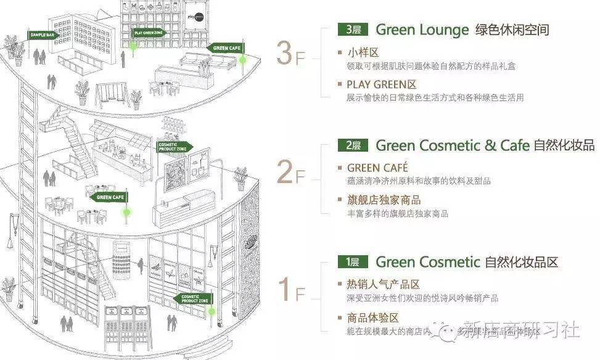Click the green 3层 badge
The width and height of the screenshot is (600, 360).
(353, 29)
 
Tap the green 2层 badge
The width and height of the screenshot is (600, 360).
(353, 145)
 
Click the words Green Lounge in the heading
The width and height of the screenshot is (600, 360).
(422, 29)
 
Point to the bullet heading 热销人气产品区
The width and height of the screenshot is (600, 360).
(383, 284)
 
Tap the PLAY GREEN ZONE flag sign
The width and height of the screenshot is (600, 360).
(148, 33)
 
